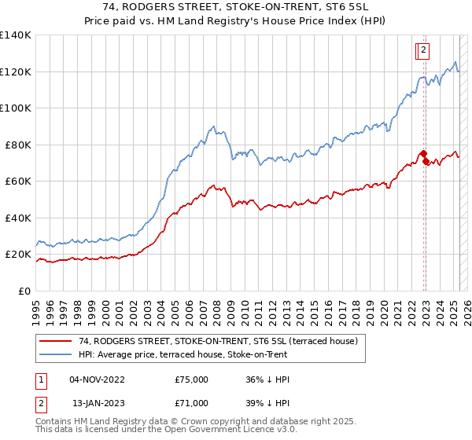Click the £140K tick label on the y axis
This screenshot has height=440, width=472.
pyautogui.click(x=16, y=35)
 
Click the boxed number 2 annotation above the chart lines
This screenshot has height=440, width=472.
pyautogui.click(x=423, y=51)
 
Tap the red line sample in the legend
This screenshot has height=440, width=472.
pyautogui.click(x=56, y=341)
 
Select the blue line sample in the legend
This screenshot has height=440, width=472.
pyautogui.click(x=56, y=354)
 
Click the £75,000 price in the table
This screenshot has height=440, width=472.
pyautogui.click(x=192, y=379)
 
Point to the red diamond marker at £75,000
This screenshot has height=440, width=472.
pyautogui.click(x=423, y=154)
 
